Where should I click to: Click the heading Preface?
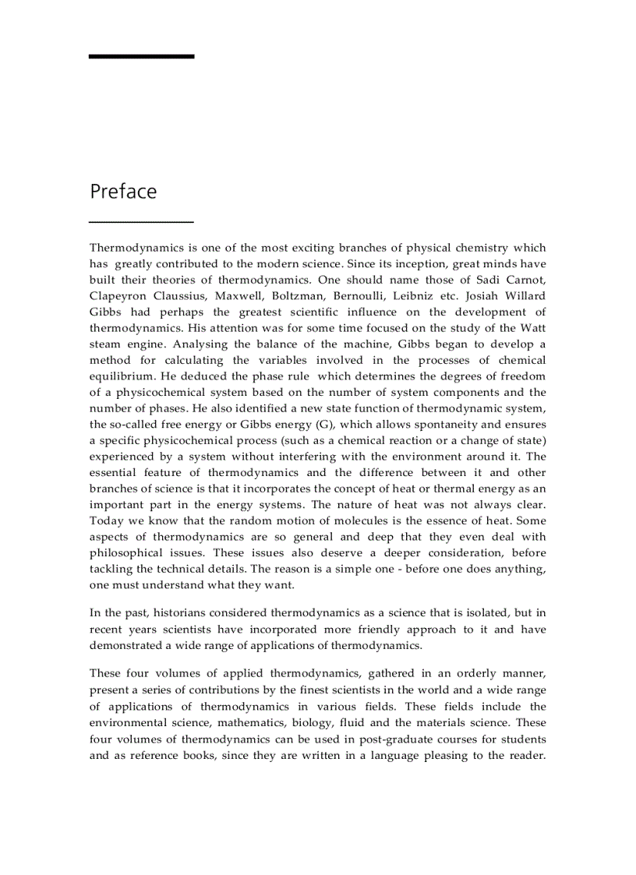123,192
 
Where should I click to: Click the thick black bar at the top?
141,56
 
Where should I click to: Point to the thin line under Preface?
141,222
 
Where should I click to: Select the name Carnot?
525,280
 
